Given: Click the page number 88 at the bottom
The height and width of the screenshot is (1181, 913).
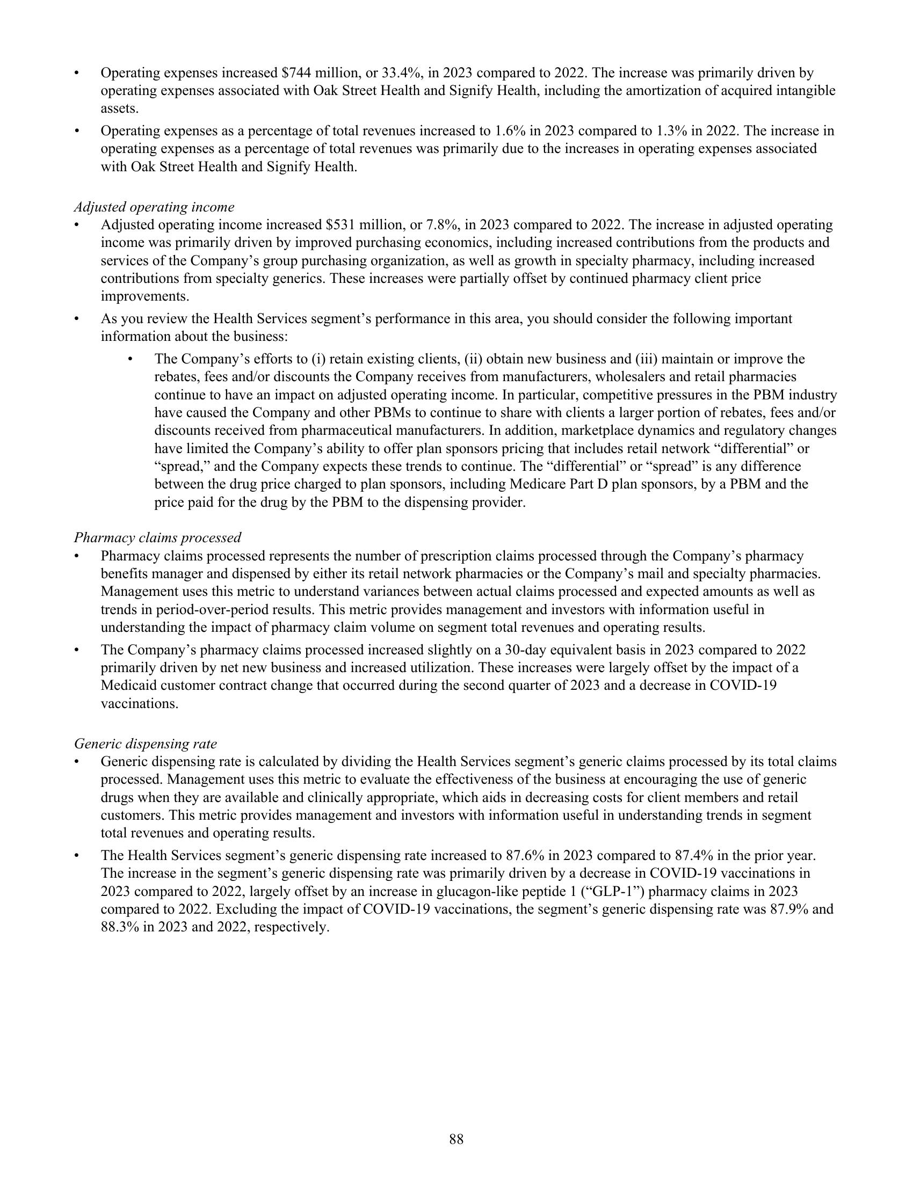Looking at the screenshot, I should (x=456, y=1139).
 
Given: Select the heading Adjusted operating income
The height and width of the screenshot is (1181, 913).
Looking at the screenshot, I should (x=154, y=207).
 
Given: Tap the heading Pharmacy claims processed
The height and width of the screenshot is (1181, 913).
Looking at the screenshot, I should (x=157, y=537).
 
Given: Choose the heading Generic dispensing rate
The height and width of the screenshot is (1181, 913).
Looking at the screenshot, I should (x=146, y=743).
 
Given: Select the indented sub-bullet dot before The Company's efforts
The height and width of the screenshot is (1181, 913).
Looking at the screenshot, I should (x=130, y=359).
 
